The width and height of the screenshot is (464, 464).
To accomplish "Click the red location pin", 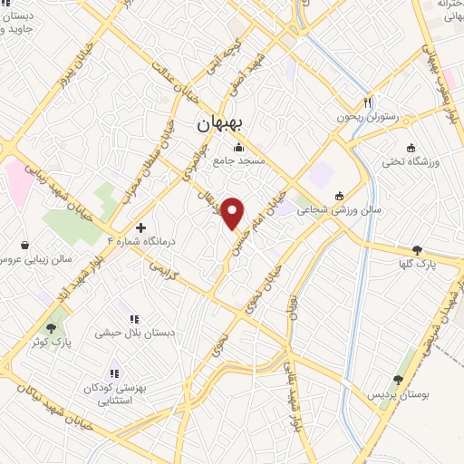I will click(x=234, y=212).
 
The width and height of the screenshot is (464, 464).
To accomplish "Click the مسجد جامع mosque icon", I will click(x=239, y=149).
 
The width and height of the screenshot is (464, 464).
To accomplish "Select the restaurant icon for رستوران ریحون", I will click(x=368, y=103).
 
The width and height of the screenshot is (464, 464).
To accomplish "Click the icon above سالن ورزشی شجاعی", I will click(x=339, y=196).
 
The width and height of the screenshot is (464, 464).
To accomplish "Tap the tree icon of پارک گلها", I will click(x=417, y=250).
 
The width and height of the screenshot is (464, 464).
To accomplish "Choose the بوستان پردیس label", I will click(x=394, y=395).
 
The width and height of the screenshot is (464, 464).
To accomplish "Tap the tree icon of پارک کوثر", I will click(x=56, y=326).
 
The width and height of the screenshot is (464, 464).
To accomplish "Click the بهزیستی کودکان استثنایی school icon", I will click(x=115, y=373).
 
